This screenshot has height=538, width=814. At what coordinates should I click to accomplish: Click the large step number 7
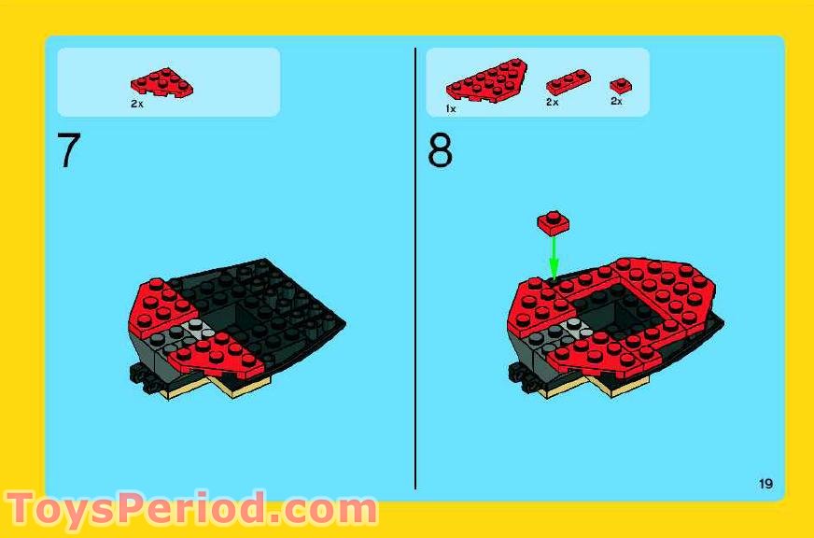(69, 151)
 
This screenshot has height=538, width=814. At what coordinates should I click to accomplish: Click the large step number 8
(440, 151)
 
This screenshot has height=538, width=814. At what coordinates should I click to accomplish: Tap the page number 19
(765, 483)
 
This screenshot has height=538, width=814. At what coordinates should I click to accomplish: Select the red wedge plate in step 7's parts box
(162, 83)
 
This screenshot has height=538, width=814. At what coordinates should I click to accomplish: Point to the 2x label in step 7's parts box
(137, 105)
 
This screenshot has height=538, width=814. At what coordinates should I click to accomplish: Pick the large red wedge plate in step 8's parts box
(486, 81)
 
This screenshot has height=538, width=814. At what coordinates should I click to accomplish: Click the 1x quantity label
(451, 108)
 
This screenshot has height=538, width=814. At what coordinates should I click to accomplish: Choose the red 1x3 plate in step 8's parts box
(568, 82)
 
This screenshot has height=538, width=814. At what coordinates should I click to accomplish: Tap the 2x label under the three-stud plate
(552, 102)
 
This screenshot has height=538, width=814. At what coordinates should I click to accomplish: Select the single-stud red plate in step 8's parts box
(621, 85)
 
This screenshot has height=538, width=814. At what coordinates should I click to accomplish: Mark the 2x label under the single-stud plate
(616, 101)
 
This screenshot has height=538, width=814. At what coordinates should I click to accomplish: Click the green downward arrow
(553, 255)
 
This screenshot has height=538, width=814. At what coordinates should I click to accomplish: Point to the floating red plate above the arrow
(554, 221)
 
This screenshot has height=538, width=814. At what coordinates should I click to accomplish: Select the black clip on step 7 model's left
(139, 375)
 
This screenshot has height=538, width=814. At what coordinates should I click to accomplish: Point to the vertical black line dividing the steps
(415, 280)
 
